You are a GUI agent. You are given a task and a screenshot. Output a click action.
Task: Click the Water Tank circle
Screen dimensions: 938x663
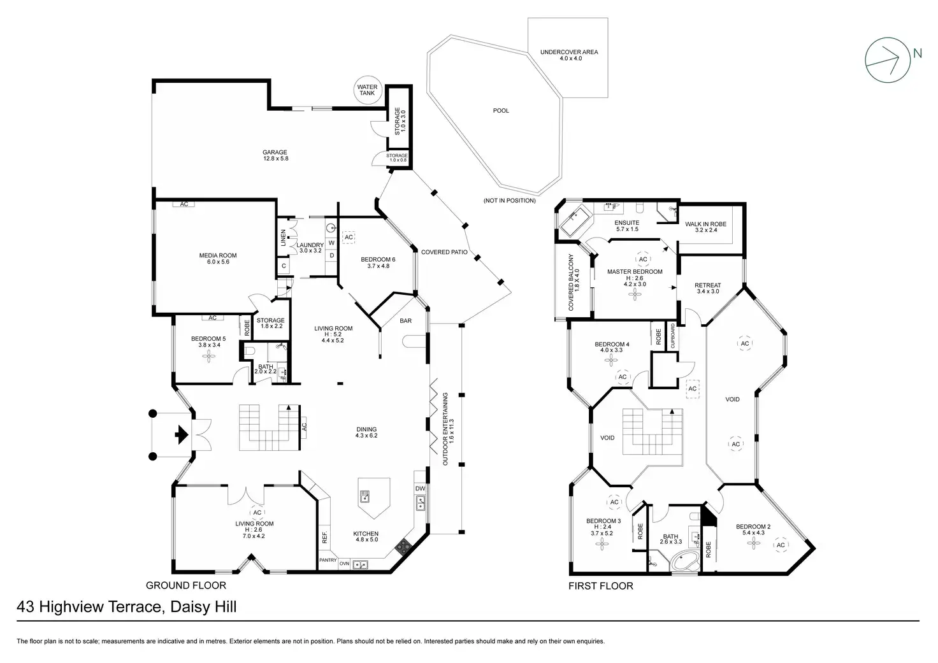tap(367, 90)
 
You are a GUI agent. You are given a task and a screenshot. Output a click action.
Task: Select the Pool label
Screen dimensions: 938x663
tap(501, 111)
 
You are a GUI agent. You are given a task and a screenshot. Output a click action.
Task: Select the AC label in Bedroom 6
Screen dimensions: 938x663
tap(349, 238)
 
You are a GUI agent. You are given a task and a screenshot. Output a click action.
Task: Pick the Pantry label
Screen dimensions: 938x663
tap(328, 560)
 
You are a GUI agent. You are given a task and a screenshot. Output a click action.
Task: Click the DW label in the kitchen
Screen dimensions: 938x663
tap(420, 488)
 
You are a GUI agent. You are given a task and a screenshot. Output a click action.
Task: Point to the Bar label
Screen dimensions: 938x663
tap(406, 321)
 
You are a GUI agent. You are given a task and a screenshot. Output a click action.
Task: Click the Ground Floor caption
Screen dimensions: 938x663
tap(186, 585)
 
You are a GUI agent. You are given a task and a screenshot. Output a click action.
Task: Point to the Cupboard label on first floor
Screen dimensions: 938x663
tap(672, 336)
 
